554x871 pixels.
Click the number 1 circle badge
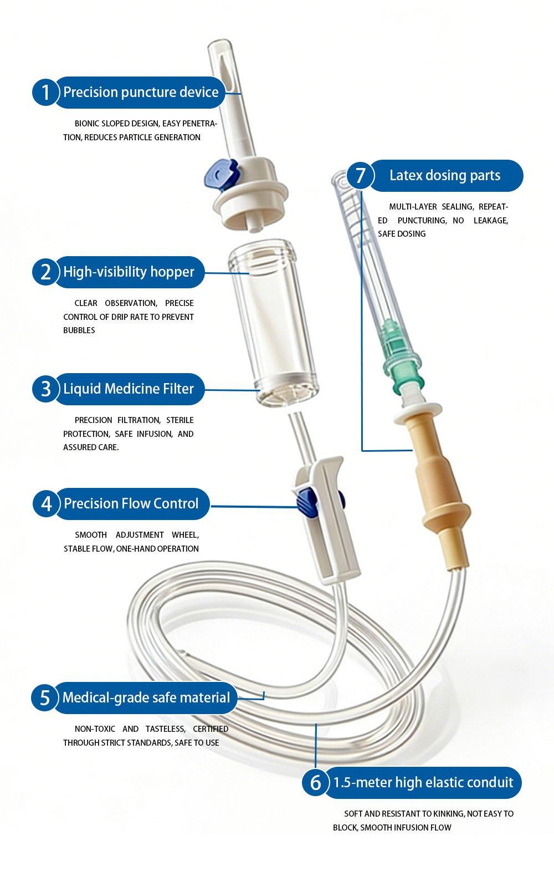(45, 92)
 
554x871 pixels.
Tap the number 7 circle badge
(360, 175)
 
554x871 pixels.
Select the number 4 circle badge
(46, 503)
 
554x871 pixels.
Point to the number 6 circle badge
(315, 782)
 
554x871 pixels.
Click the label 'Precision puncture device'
(141, 92)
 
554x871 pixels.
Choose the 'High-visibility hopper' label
(129, 272)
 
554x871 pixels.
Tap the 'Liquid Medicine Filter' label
(128, 389)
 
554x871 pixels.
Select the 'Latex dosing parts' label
(445, 175)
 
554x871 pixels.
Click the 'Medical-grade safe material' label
(146, 697)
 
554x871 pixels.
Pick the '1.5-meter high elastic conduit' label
(423, 782)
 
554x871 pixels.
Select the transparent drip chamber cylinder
(274, 323)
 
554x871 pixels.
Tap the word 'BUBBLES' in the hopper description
(79, 330)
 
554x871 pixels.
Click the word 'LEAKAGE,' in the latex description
(491, 221)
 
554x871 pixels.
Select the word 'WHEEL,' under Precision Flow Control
(186, 535)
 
